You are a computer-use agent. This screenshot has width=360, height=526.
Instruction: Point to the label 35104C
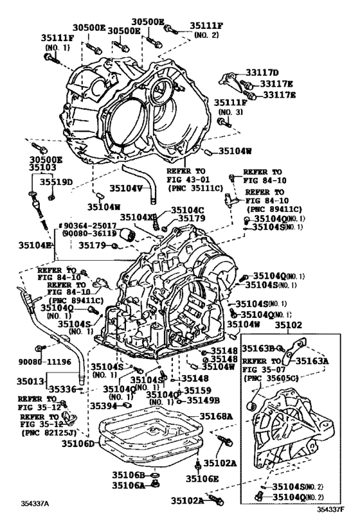pos(187,210)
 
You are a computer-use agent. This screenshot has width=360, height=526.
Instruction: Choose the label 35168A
pos(217,417)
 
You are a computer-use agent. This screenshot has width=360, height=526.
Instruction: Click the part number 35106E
pos(203,478)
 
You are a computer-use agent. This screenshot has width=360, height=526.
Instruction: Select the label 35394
pos(103,405)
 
